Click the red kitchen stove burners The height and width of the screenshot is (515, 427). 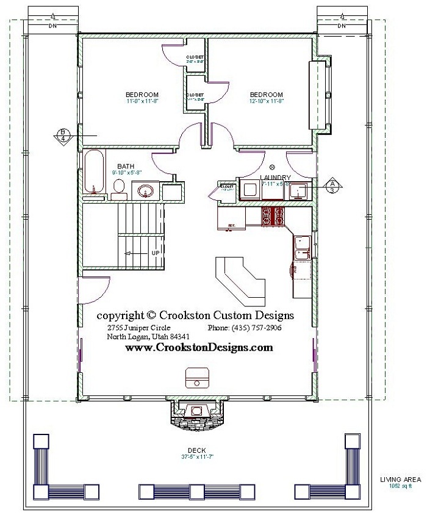tap(273, 216)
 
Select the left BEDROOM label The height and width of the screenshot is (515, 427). tap(142, 95)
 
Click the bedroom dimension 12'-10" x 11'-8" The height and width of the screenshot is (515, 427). tap(266, 101)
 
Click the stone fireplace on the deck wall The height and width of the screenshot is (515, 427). tap(195, 414)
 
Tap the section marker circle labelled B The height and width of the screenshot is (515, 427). tap(62, 134)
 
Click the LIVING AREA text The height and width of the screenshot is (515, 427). tap(396, 480)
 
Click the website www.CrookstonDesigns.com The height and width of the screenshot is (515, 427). tap(199, 347)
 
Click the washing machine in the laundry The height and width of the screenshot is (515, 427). tap(249, 190)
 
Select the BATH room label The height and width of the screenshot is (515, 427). tap(126, 166)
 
